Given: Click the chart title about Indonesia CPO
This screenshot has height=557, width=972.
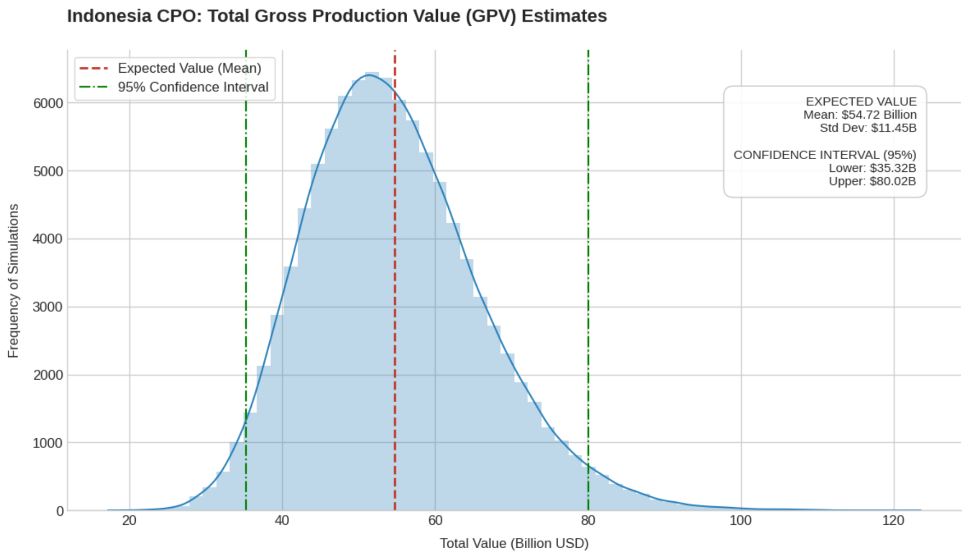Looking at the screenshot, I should pos(337,16).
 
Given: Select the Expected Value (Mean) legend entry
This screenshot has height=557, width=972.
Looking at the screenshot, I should pos(189,68).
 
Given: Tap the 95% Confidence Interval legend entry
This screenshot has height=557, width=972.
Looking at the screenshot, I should pos(193,87).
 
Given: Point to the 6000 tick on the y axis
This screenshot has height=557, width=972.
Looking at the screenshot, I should pos(48,103).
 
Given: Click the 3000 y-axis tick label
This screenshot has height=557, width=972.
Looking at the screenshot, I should pos(48,307).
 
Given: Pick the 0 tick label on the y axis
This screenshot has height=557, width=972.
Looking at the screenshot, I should pos(60,511).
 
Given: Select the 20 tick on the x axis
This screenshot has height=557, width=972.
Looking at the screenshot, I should pos(129,520).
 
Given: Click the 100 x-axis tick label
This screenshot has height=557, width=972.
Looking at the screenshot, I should pos(740,520).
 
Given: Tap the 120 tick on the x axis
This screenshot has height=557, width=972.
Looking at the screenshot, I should pos(893,520).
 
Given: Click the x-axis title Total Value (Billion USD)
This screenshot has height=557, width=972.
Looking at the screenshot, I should pos(514,543).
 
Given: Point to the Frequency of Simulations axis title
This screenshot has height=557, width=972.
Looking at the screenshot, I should pos(14,281).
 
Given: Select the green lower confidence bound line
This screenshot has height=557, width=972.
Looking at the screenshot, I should pos(246,274).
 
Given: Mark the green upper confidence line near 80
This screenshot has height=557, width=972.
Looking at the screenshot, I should pos(588,274).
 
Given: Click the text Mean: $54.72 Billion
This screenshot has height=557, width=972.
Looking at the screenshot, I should pos(859,115).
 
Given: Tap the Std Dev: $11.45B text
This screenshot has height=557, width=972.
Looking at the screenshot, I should pos(867,128).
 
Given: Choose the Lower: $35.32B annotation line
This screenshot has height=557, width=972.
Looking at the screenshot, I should pos(872,168).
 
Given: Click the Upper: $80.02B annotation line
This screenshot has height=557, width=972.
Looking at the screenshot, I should pos(872,181).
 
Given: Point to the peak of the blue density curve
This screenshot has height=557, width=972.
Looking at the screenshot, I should pos(370,75).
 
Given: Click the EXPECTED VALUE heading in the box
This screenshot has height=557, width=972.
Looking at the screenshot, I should pos(860,102).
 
